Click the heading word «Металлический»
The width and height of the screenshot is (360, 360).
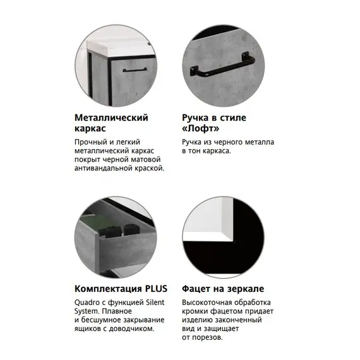pyautogui.click(x=111, y=117)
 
